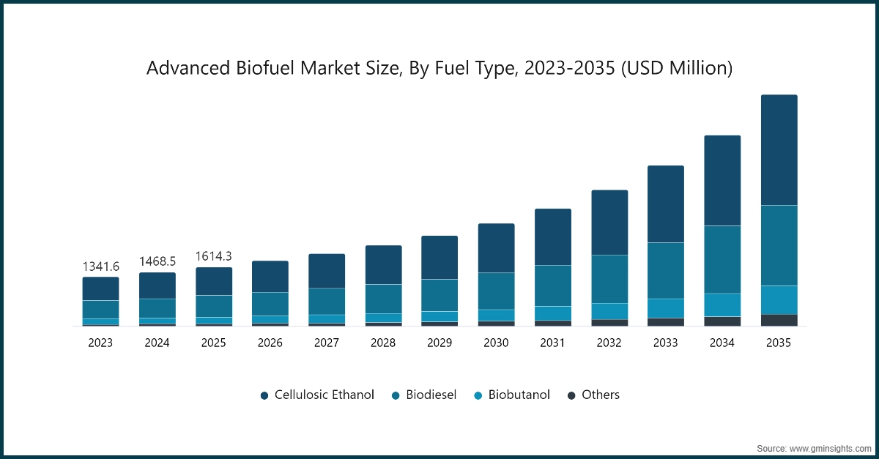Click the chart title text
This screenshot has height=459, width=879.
pos(439,68)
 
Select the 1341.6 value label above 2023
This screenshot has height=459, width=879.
pos(100,266)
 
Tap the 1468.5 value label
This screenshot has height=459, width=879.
pos(157,261)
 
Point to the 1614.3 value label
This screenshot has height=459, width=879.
pos(214,256)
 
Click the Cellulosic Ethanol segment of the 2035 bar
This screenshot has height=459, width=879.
pos(779,150)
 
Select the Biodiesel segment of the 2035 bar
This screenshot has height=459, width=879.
pos(779,245)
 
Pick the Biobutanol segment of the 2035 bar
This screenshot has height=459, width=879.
pos(779,299)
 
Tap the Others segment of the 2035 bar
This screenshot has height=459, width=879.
pos(779,320)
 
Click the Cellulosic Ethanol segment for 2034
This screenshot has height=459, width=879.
pos(722,181)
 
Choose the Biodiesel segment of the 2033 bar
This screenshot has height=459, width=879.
pos(666,270)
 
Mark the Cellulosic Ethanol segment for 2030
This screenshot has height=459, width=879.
pos(496,248)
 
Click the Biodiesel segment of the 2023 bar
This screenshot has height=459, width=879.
pos(100,309)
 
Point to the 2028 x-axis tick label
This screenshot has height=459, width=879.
pos(383,343)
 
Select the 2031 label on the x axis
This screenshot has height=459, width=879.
pos(552,343)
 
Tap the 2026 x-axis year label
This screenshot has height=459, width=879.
pos(270,343)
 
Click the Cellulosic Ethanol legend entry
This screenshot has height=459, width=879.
pos(317,395)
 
